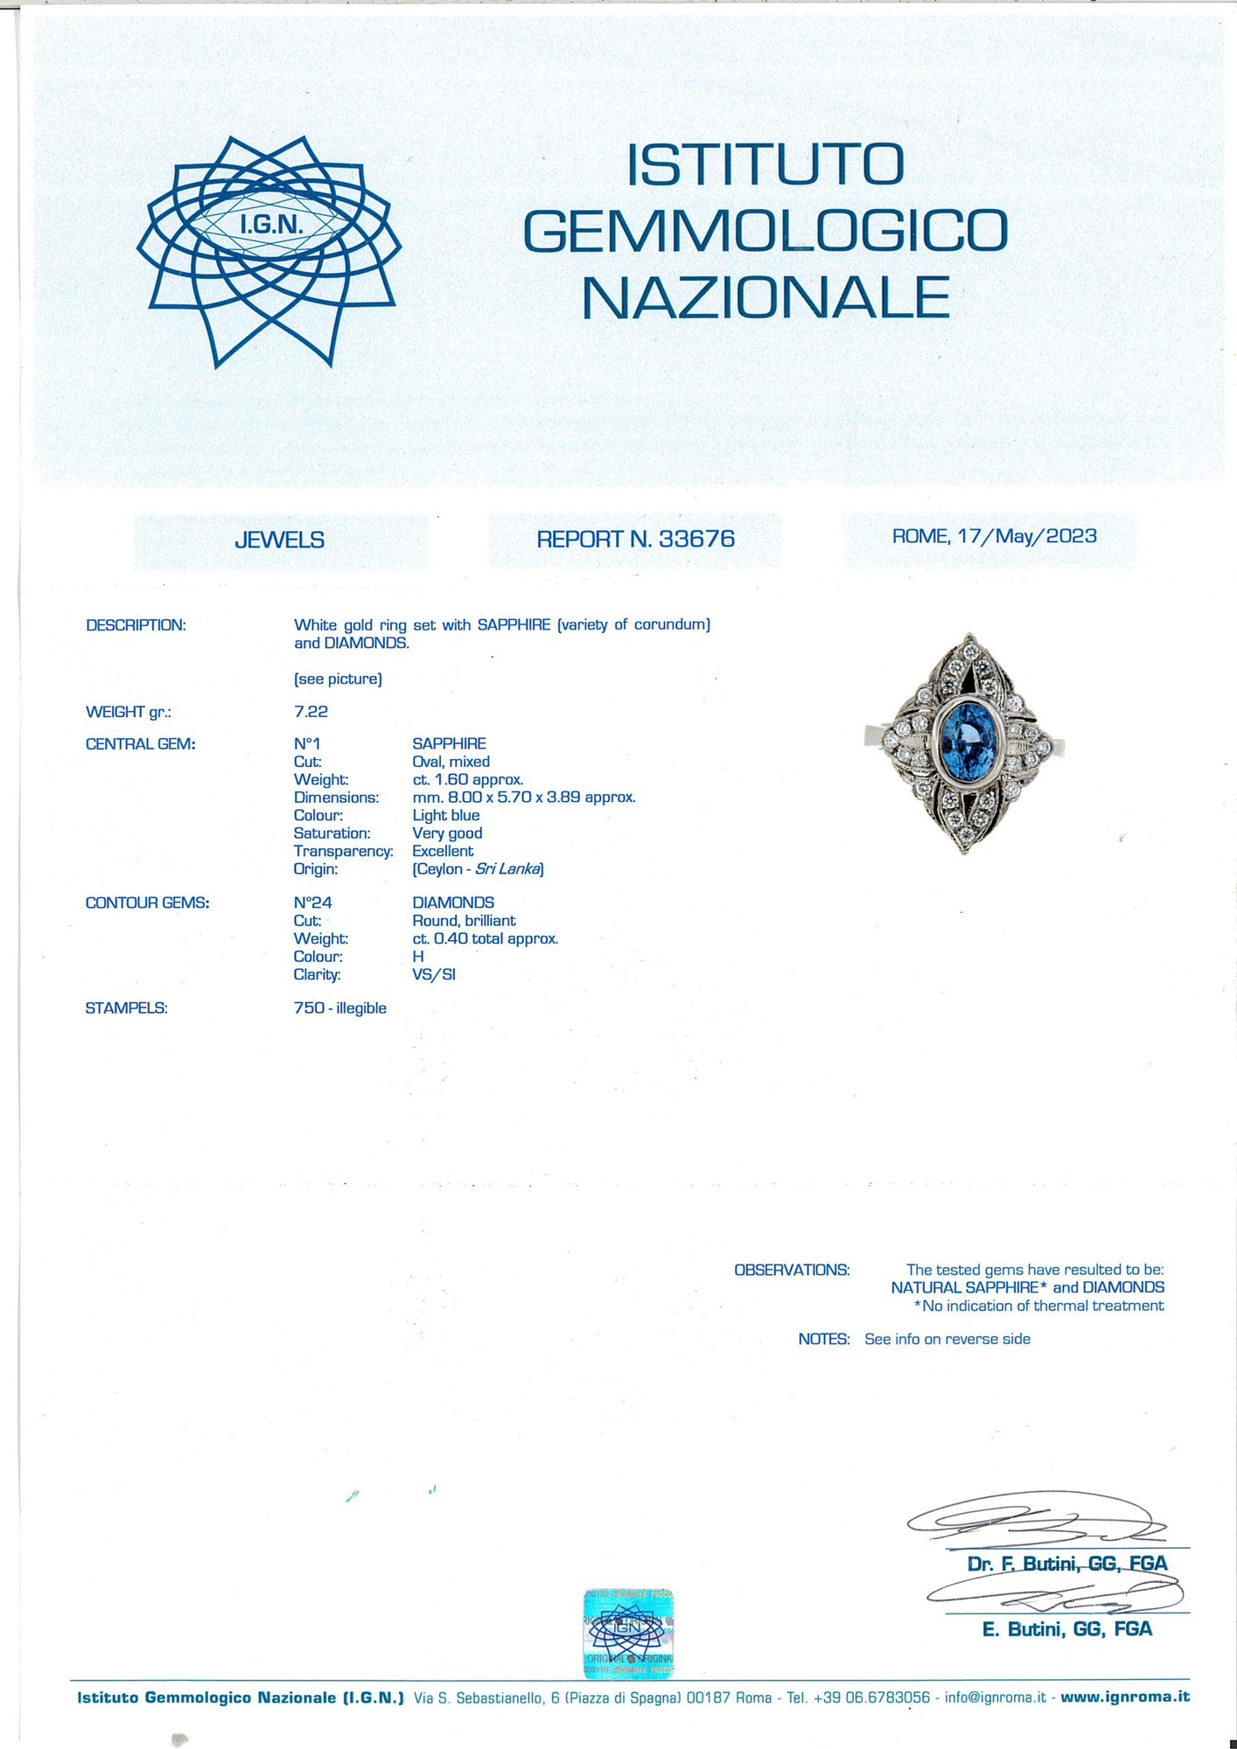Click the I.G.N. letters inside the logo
point(271,225)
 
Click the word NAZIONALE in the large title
point(765,298)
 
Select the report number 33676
point(696,539)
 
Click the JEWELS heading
point(279,540)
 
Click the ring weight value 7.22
point(311,712)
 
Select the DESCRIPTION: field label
point(136,625)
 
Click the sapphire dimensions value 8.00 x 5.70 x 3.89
point(523,798)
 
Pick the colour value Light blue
point(445,815)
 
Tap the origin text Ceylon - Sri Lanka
point(478,869)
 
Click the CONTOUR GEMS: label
point(147,902)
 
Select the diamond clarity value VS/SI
point(433,974)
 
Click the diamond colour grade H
point(417,957)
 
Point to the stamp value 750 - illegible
point(339,1008)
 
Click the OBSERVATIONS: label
point(791,1270)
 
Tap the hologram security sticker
point(628,1634)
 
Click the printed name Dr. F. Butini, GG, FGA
point(1066,1564)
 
